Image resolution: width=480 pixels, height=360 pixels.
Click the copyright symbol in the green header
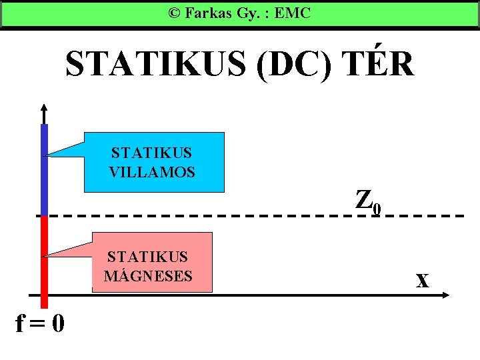[x=174, y=13]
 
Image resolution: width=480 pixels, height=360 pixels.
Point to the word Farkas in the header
[x=209, y=13]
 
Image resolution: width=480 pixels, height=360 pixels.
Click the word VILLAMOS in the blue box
[x=152, y=172]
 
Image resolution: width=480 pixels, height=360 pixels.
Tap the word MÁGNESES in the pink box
[x=149, y=275]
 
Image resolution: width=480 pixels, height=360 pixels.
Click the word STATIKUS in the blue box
[x=152, y=154]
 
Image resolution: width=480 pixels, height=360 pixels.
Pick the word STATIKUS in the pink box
[x=148, y=257]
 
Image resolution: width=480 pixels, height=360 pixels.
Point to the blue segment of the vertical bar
[x=44, y=170]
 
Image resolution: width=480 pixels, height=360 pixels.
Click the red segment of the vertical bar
[x=44, y=260]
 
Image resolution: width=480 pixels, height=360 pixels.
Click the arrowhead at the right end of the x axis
[x=447, y=295]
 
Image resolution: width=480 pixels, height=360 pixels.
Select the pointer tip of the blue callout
[x=45, y=155]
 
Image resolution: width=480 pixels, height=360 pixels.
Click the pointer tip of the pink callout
[x=45, y=255]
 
